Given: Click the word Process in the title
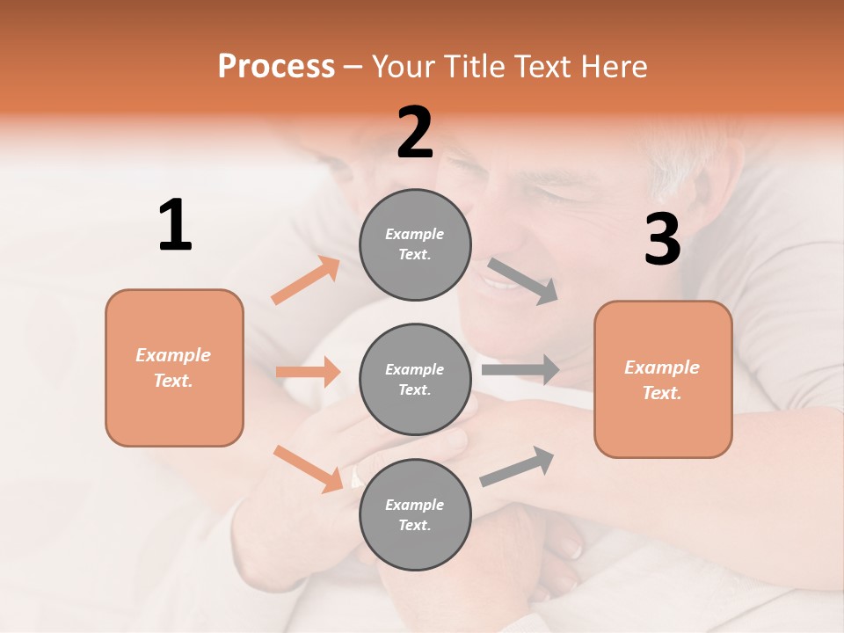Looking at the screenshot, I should [x=276, y=66].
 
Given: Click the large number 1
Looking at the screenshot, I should [x=175, y=226].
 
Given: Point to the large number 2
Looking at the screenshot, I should [x=415, y=133].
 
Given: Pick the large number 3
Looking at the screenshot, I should [x=662, y=239].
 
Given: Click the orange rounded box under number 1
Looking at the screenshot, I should [x=174, y=367].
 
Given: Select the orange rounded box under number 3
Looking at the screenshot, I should [x=663, y=379].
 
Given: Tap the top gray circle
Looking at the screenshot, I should [x=415, y=244].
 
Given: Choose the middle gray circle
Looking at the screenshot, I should [x=415, y=379].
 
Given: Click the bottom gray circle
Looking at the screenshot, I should [x=415, y=514].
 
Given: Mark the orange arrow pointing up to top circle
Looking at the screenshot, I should [x=306, y=280].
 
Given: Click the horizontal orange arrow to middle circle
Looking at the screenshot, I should [x=309, y=372].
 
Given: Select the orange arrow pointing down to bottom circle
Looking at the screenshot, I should [x=308, y=469].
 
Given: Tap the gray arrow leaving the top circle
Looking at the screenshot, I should [x=523, y=281].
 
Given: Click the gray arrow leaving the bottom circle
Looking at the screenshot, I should [x=518, y=467].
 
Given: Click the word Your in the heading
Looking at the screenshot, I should [x=404, y=66].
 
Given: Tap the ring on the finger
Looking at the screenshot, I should [x=356, y=477].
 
